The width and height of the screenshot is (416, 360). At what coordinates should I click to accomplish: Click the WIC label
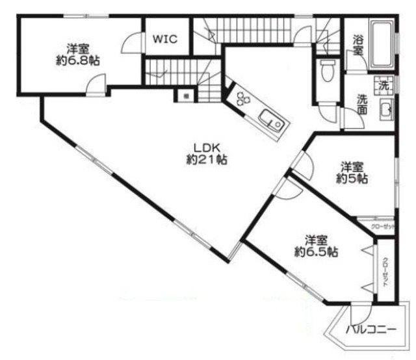166,38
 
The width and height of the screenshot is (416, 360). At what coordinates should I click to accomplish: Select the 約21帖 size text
206,160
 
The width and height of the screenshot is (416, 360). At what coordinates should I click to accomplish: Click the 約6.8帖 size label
78,60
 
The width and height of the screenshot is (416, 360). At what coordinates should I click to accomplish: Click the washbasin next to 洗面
385,109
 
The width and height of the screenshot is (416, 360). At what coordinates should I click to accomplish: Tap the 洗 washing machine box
384,85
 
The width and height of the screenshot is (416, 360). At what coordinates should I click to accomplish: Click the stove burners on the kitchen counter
243,99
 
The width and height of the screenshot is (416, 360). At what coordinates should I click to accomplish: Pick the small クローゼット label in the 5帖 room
382,226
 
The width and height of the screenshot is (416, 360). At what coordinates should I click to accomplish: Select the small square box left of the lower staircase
185,96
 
